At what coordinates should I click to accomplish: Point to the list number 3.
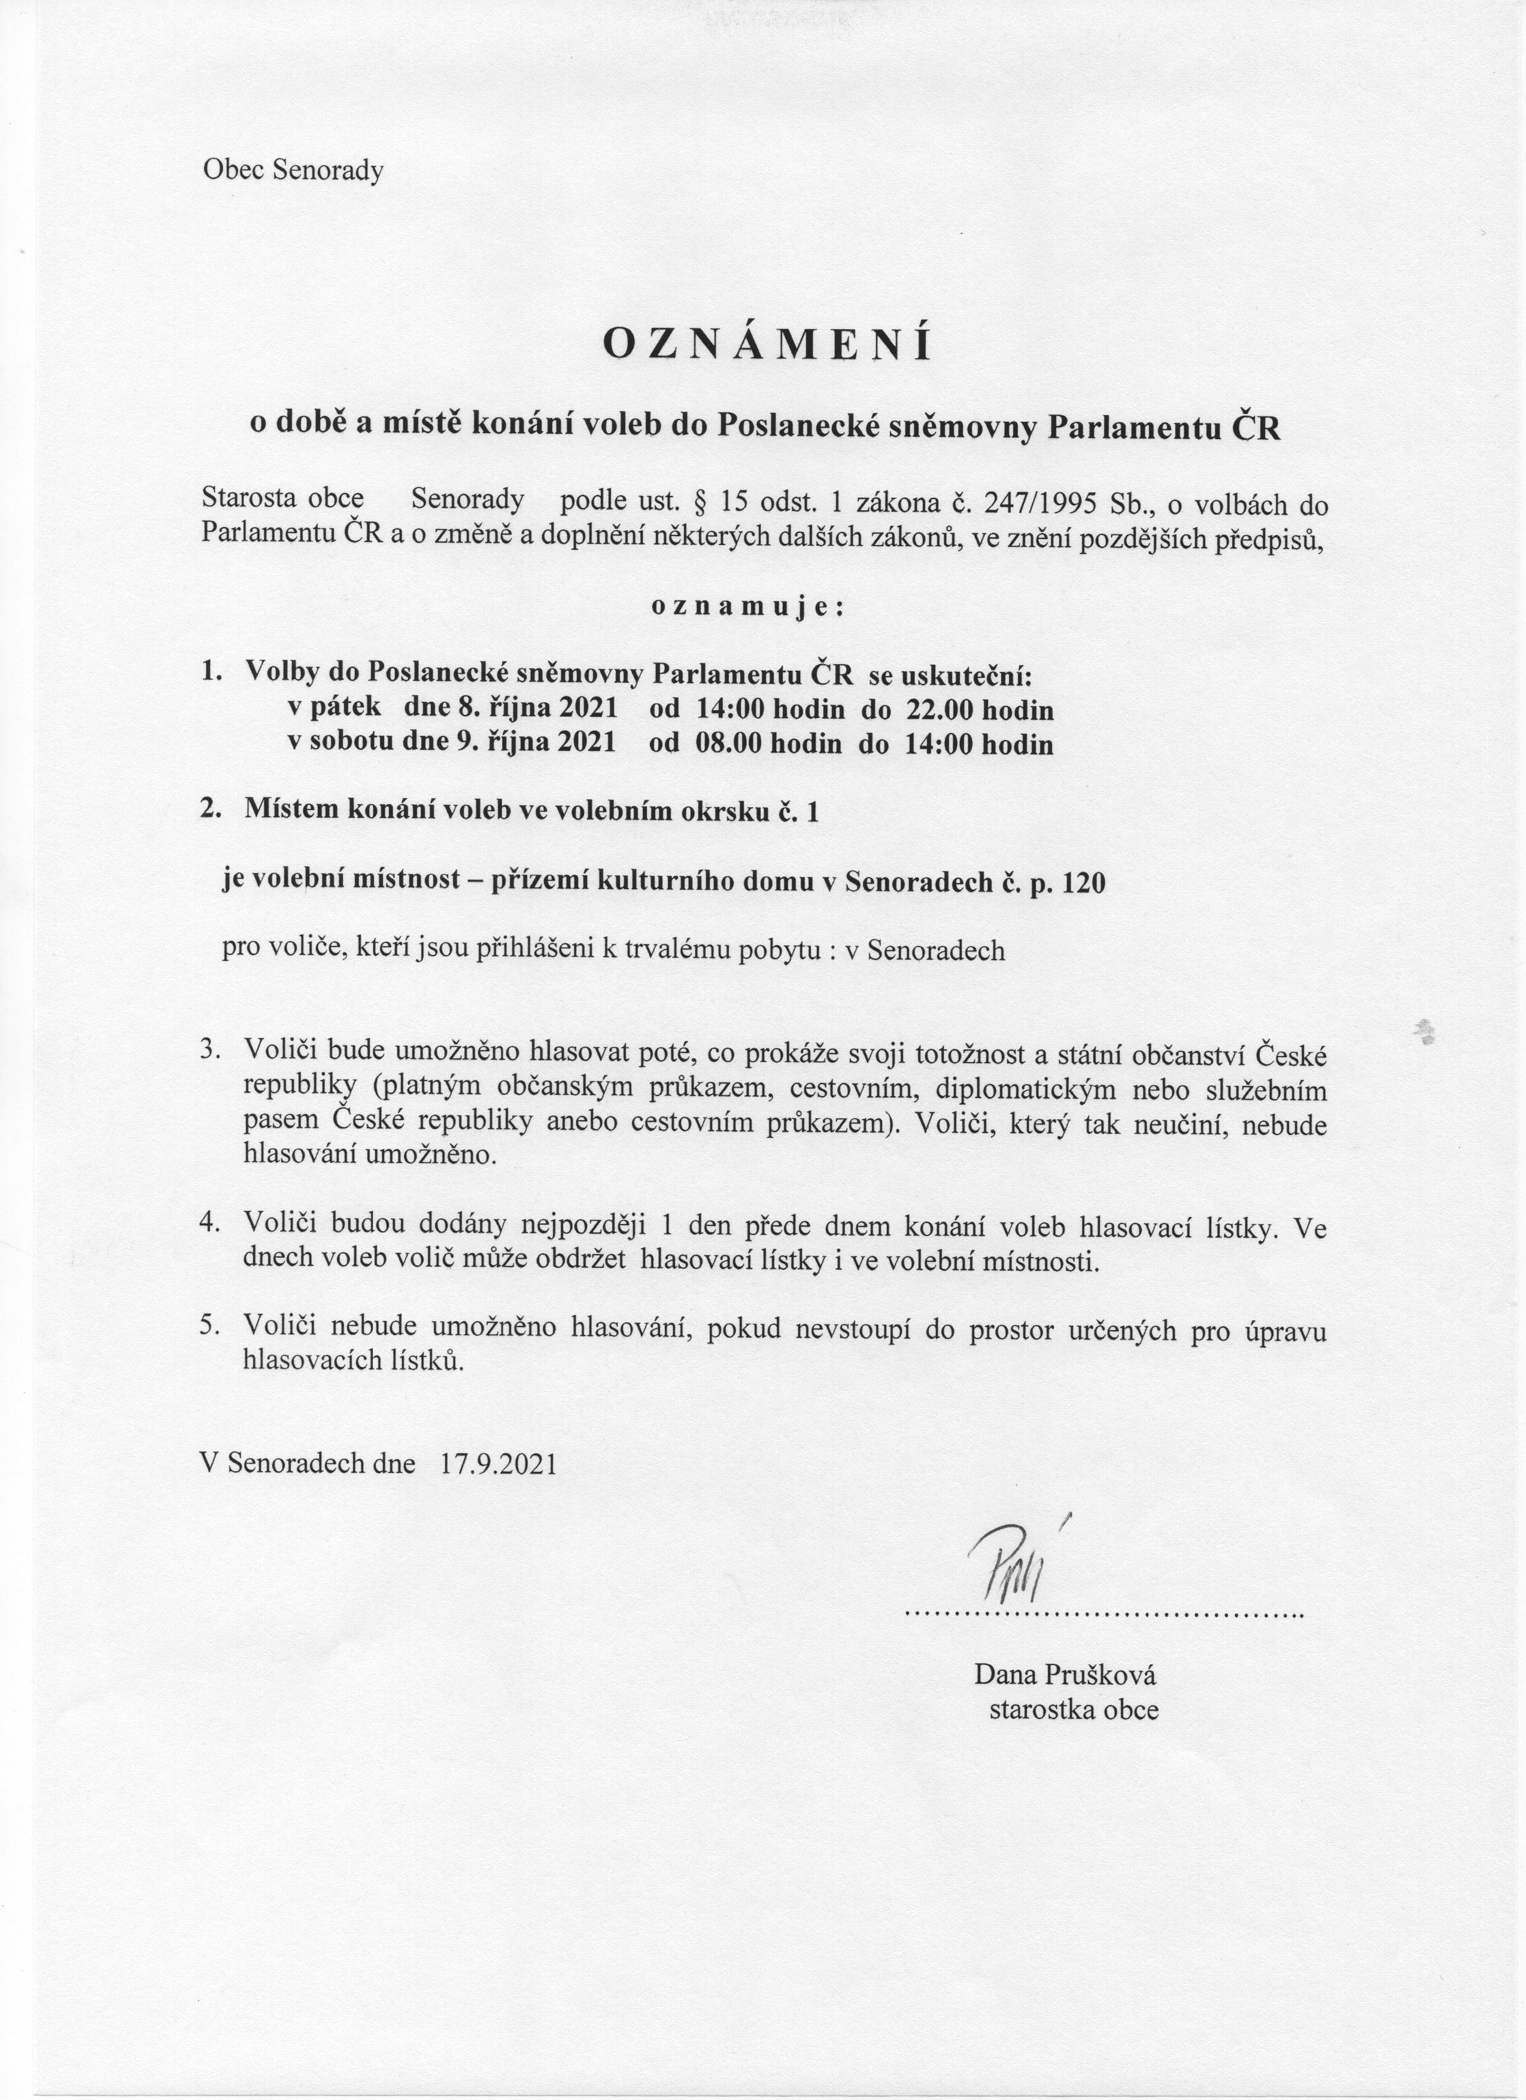point(209,1051)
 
